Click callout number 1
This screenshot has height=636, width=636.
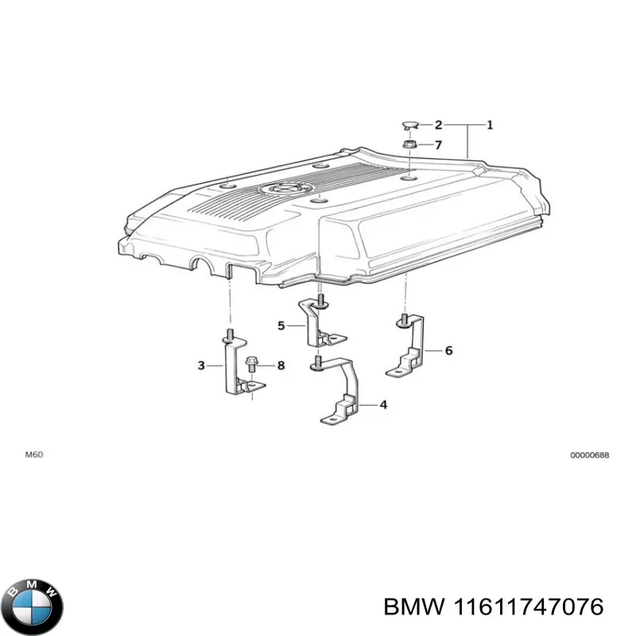(490, 124)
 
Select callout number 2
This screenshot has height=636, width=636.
(437, 125)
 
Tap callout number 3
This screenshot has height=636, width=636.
(201, 365)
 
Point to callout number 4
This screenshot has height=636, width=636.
(383, 405)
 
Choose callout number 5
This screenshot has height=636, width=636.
(281, 325)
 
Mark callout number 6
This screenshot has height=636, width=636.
(448, 350)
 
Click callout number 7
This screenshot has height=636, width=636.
(437, 145)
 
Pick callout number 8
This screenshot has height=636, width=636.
(280, 365)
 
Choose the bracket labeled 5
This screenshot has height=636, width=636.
(316, 322)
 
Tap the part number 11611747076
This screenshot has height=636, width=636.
(493, 606)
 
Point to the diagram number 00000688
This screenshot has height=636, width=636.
(589, 456)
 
